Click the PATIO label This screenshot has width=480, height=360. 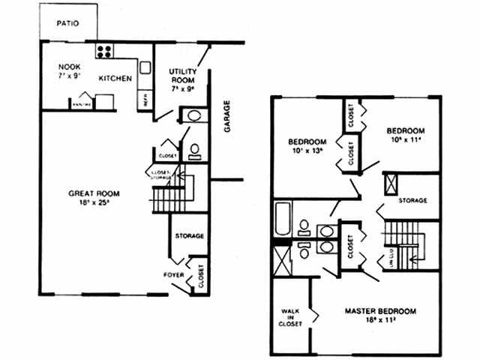[x=68, y=23]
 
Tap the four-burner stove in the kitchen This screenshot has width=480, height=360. [x=103, y=52]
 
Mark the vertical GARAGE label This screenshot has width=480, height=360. [x=226, y=116]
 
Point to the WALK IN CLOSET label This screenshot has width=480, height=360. [x=291, y=316]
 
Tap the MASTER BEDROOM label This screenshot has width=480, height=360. [x=380, y=310]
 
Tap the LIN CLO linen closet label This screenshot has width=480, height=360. [x=391, y=258]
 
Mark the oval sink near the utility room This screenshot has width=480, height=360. [x=192, y=117]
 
